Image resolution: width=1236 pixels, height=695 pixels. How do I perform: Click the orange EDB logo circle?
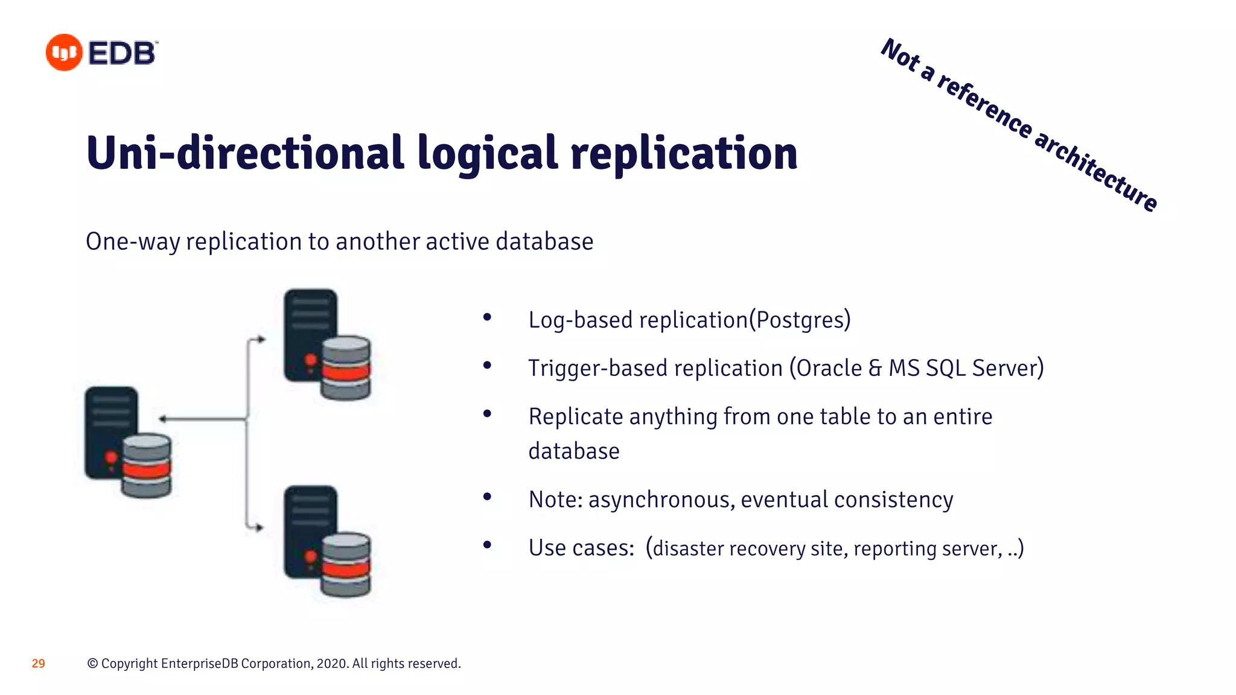[x=64, y=52]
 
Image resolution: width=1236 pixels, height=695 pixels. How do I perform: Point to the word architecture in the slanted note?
[x=1096, y=171]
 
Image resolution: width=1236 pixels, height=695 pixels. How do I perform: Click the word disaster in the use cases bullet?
[x=688, y=548]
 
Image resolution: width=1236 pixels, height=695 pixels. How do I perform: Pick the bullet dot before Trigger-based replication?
[x=487, y=365]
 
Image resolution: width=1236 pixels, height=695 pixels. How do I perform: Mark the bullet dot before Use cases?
[x=487, y=545]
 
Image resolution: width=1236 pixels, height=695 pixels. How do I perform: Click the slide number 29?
[x=38, y=664]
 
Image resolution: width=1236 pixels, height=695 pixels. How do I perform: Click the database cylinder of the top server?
[x=346, y=368]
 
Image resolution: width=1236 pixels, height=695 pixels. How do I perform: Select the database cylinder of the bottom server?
[x=346, y=565]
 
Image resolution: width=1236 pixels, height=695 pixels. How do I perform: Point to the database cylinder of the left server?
[x=147, y=466]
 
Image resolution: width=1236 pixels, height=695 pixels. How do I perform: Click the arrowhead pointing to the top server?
[x=261, y=340]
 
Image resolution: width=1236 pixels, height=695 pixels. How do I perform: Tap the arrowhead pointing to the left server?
[x=162, y=419]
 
